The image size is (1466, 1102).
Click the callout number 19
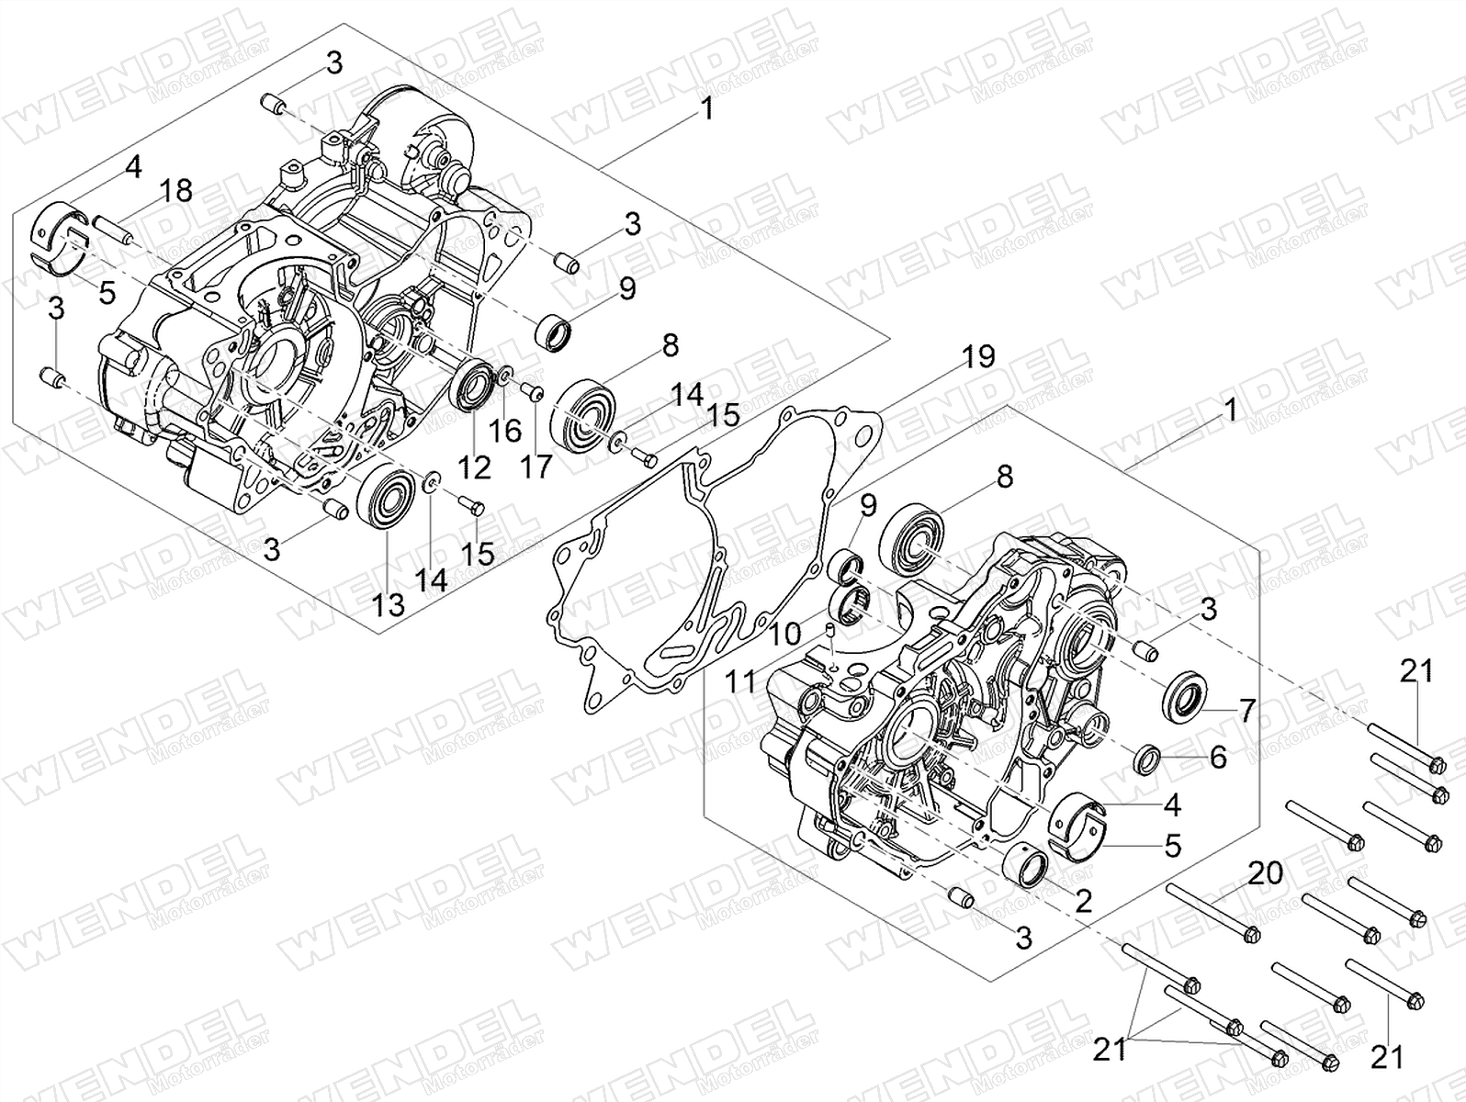tap(978, 357)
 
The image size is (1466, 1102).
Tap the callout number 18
tap(175, 191)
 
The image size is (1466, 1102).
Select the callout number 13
tap(389, 605)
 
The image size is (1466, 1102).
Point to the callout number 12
tap(475, 467)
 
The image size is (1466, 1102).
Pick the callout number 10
tap(784, 634)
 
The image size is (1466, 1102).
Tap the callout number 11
tap(740, 681)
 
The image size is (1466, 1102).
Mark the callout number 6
tap(1218, 758)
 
